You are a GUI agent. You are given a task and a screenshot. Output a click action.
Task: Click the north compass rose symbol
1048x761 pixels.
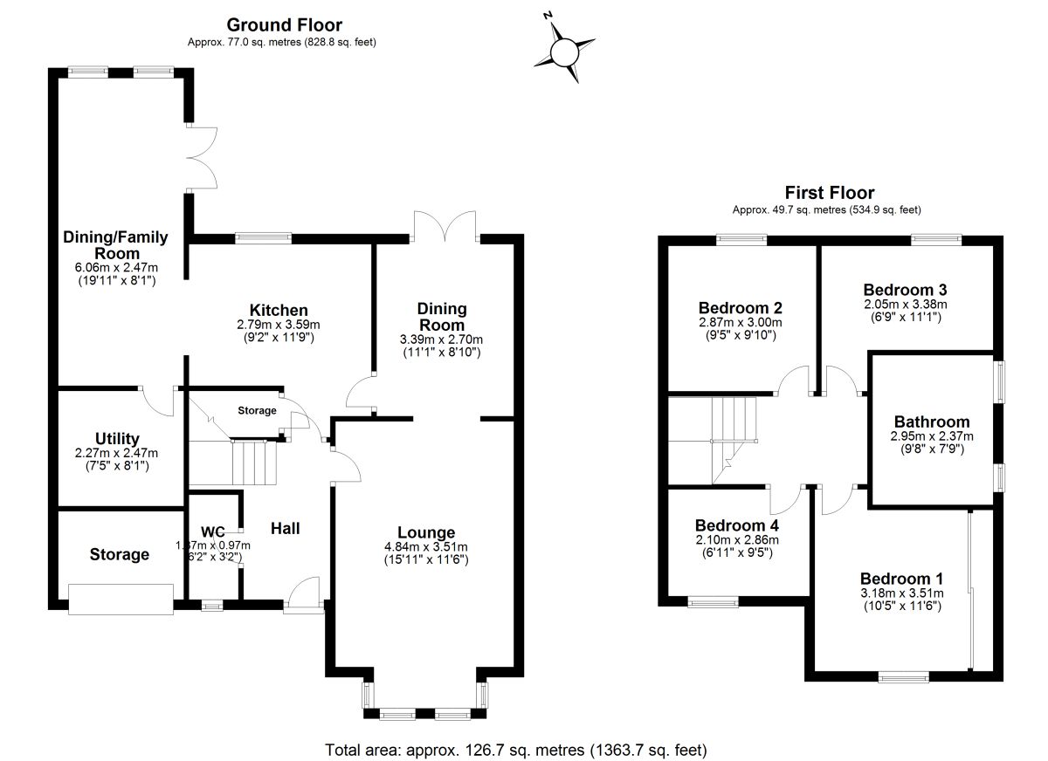[x=565, y=49]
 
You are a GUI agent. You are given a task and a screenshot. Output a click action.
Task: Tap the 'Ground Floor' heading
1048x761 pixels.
[x=285, y=25]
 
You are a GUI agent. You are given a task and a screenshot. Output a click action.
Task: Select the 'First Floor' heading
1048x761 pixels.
[x=829, y=193]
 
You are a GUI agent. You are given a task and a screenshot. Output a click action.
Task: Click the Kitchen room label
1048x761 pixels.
[x=279, y=310]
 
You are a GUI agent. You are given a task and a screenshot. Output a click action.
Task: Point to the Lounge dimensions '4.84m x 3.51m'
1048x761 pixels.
[x=426, y=547]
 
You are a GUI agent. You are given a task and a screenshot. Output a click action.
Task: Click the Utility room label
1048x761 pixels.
[x=118, y=438]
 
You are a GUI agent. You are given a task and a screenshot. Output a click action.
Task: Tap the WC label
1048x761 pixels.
[x=213, y=531]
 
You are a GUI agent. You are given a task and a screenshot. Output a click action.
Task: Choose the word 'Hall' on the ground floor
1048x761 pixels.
[x=285, y=528]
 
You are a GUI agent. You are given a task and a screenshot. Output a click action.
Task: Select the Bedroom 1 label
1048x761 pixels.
[x=901, y=579]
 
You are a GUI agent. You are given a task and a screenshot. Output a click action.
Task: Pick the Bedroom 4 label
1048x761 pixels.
[x=736, y=525]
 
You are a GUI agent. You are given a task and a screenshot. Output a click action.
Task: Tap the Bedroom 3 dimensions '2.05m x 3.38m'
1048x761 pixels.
[x=905, y=305]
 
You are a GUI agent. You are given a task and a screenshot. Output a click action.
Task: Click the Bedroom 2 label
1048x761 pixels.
[x=740, y=307]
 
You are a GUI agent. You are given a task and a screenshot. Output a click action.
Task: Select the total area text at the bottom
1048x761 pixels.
[x=515, y=750]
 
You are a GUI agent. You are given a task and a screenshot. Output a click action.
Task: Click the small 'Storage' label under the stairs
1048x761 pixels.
[x=257, y=410]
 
